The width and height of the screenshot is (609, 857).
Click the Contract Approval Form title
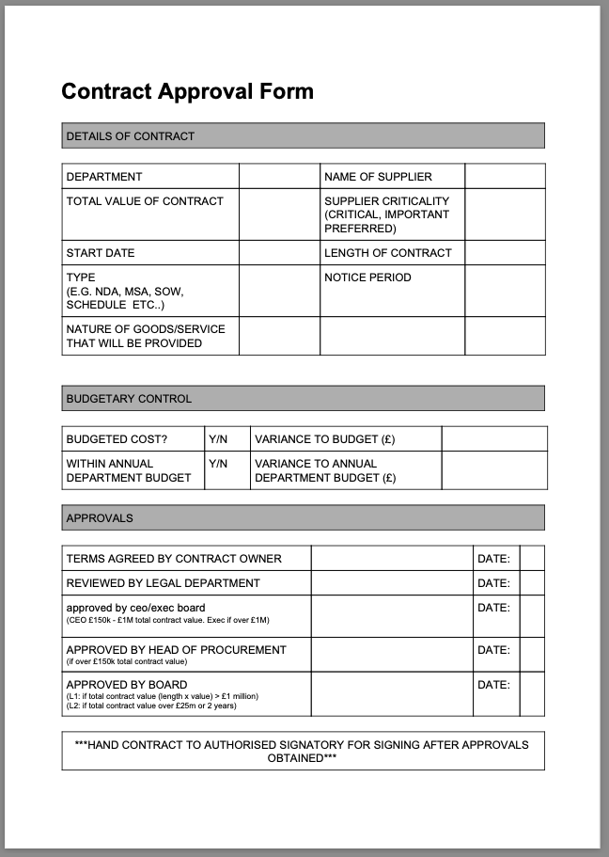pyautogui.click(x=187, y=91)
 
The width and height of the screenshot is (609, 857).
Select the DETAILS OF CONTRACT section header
pyautogui.click(x=130, y=136)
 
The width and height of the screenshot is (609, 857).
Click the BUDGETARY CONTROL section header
pyautogui.click(x=129, y=399)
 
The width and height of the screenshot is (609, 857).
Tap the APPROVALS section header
pyautogui.click(x=100, y=518)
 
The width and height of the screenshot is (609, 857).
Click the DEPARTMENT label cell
pyautogui.click(x=104, y=177)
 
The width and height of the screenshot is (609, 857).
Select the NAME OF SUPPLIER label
pyautogui.click(x=378, y=177)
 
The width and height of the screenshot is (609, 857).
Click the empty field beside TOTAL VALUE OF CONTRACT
pyautogui.click(x=279, y=214)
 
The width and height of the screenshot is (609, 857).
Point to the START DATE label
pyautogui.click(x=101, y=253)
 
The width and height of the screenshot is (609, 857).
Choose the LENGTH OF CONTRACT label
pyautogui.click(x=387, y=253)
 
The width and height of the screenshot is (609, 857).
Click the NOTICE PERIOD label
pyautogui.click(x=367, y=278)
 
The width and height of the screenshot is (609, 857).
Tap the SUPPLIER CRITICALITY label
pyautogui.click(x=386, y=214)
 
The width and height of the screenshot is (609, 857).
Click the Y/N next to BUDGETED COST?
pyautogui.click(x=218, y=439)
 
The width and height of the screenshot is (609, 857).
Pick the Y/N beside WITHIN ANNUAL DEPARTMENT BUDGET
pyautogui.click(x=218, y=464)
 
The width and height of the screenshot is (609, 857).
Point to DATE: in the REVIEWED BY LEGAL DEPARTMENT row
pyautogui.click(x=493, y=583)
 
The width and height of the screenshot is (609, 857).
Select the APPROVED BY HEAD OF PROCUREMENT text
pyautogui.click(x=176, y=650)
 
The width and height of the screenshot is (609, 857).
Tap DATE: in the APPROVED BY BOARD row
pyautogui.click(x=493, y=685)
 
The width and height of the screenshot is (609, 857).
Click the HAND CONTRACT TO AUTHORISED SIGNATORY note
pyautogui.click(x=302, y=751)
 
